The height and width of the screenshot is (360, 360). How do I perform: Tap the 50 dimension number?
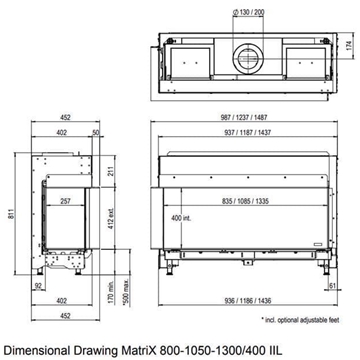[95, 132]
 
